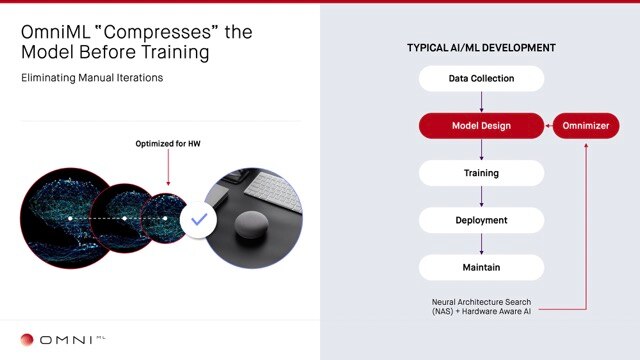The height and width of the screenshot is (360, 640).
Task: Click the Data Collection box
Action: pyautogui.click(x=481, y=78)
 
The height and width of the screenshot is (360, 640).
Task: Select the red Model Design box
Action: pyautogui.click(x=481, y=125)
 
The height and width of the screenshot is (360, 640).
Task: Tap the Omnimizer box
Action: pyautogui.click(x=586, y=125)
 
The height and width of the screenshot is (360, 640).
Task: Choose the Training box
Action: pyautogui.click(x=481, y=173)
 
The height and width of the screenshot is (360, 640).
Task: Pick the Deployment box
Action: pyautogui.click(x=481, y=220)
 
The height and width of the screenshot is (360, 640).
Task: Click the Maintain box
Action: pyautogui.click(x=481, y=267)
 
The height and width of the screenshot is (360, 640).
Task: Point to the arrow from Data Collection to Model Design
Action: pyautogui.click(x=481, y=101)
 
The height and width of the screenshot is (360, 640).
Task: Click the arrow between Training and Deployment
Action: pyautogui.click(x=481, y=196)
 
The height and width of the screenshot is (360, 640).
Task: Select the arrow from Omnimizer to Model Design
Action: pyautogui.click(x=548, y=125)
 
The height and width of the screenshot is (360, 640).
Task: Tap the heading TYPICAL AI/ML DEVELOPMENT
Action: pyautogui.click(x=481, y=48)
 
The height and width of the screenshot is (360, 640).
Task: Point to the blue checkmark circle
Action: pyautogui.click(x=199, y=217)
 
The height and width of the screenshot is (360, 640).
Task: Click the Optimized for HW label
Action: pyautogui.click(x=167, y=144)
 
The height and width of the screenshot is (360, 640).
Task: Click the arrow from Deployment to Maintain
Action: pyautogui.click(x=481, y=243)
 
